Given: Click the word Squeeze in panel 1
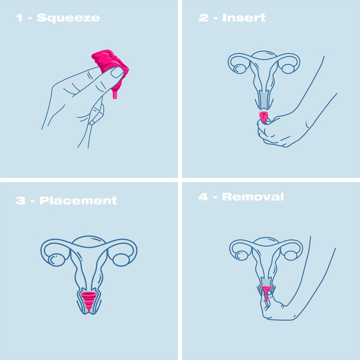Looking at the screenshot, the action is [68, 18].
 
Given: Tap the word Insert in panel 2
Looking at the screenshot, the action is [244, 18].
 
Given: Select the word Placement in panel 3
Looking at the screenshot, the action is [78, 200].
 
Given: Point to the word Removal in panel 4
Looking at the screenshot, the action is [253, 197].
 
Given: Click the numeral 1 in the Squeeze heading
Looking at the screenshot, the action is [19, 18].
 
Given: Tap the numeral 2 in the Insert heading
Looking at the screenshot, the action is [204, 18].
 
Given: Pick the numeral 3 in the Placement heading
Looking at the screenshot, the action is [21, 200].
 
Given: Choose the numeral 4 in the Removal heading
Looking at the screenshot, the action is [203, 197].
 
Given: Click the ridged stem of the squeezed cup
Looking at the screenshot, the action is [115, 94].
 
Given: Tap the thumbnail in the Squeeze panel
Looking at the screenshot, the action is [117, 72].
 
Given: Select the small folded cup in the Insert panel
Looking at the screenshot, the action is [265, 117].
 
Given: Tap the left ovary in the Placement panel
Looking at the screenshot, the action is [57, 260].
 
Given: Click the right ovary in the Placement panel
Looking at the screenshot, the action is [121, 260].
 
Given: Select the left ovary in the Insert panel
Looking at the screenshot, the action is [240, 68].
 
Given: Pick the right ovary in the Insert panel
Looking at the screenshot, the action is [288, 69].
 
